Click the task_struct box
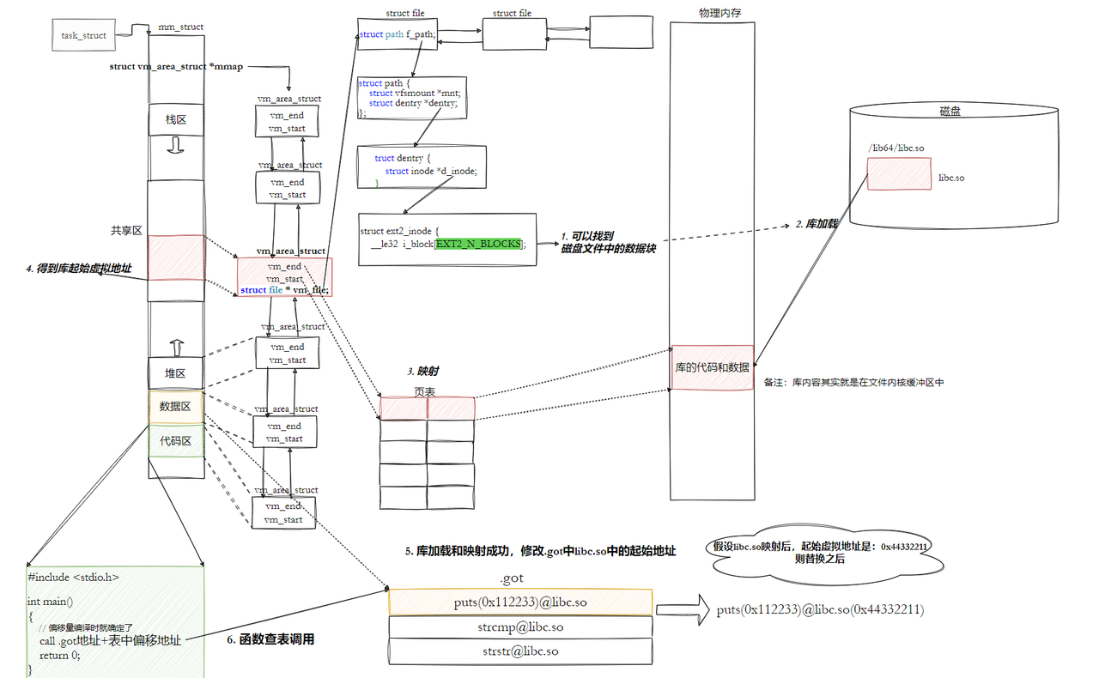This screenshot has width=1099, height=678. [x=83, y=35]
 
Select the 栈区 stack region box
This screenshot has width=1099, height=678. [x=177, y=119]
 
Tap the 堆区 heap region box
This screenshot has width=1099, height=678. [x=175, y=373]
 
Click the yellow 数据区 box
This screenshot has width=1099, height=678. [x=175, y=406]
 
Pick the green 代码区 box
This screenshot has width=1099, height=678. [x=175, y=440]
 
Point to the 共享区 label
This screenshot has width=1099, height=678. [x=125, y=231]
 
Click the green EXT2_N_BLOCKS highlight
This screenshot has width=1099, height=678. [x=478, y=244]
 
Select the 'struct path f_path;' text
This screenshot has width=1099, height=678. [x=397, y=34]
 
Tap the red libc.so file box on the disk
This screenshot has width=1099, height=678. [x=898, y=174]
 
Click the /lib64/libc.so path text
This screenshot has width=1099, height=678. [x=896, y=148]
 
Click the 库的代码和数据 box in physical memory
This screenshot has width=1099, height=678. [x=712, y=367]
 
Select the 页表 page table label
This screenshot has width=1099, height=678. [x=425, y=390]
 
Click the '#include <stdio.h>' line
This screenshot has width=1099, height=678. [x=73, y=578]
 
